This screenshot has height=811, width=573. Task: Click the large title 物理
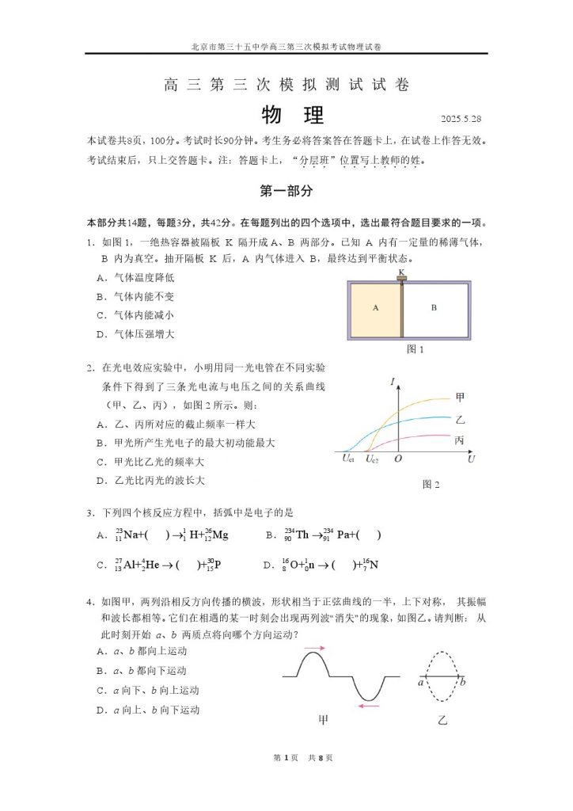tap(292, 116)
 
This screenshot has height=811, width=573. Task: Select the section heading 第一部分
tap(286, 191)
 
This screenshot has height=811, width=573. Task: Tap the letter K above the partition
tap(401, 272)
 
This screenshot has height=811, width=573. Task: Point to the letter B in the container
tap(434, 307)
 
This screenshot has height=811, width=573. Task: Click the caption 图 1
tap(415, 348)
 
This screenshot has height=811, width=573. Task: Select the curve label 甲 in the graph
tap(461, 397)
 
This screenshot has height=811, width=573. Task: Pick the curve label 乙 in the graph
tap(461, 419)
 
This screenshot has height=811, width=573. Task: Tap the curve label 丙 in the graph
tap(461, 440)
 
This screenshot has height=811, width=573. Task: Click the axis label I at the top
tap(392, 384)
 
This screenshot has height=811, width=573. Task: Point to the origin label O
tap(397, 459)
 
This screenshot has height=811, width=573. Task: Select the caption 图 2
tap(431, 484)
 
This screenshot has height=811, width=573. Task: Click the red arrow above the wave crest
tap(314, 648)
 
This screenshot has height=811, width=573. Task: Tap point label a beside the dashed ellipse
tap(421, 680)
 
